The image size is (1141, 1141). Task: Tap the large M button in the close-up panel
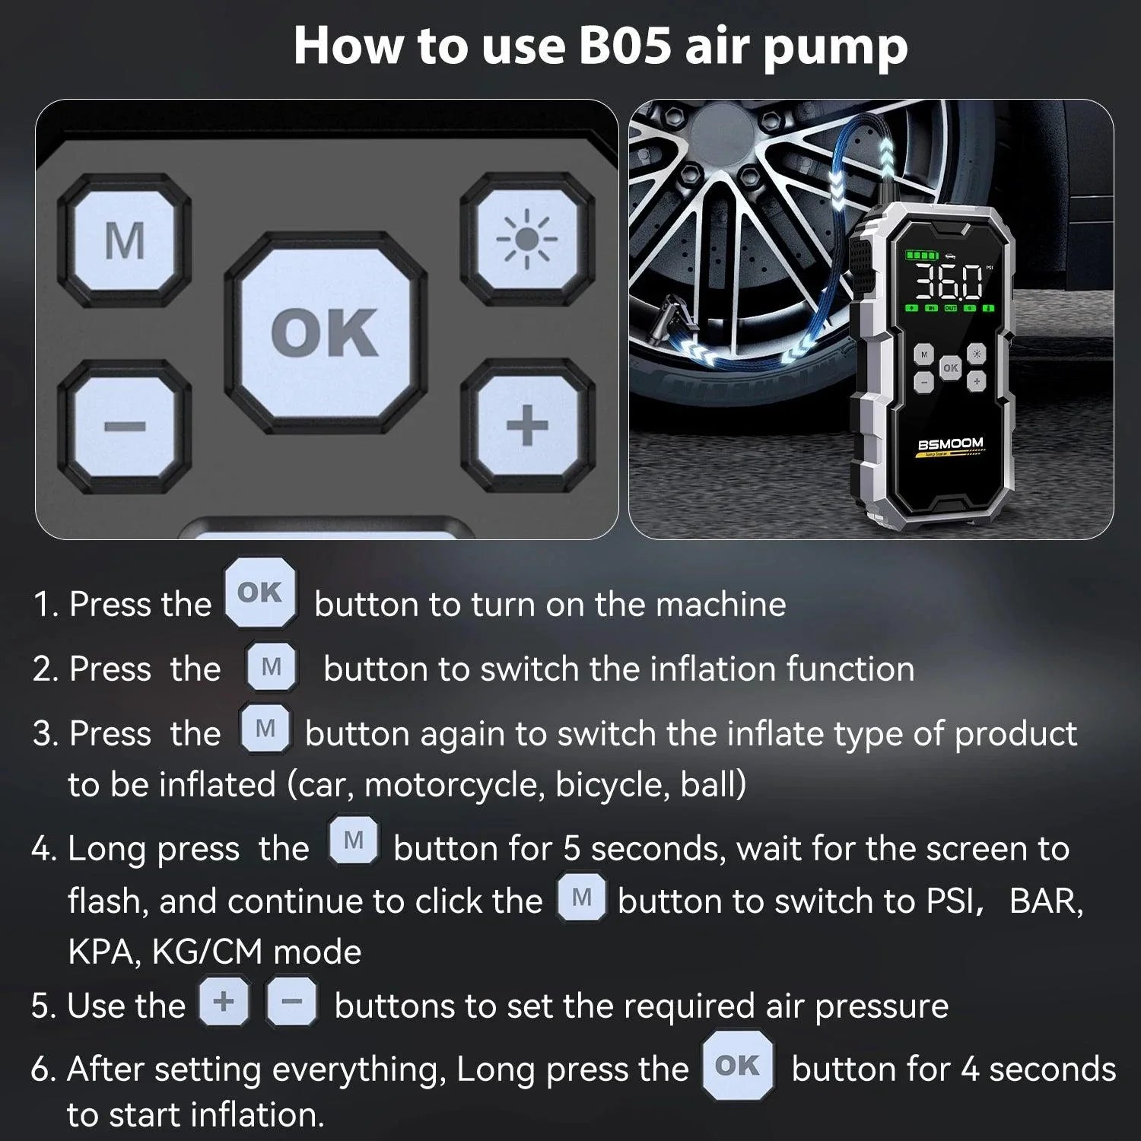point(125,240)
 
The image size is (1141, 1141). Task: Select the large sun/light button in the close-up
point(526,239)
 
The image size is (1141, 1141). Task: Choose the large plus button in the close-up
point(526,424)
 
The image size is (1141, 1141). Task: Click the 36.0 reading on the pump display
point(948,282)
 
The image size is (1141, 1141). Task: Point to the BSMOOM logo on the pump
point(950,444)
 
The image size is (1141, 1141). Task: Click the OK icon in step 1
point(260,593)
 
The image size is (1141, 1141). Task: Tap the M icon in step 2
point(272,667)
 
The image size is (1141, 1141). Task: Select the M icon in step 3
point(265,729)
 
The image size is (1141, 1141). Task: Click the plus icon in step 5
point(224,1002)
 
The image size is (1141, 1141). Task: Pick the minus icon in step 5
point(291,1002)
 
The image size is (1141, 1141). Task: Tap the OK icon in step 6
point(737,1066)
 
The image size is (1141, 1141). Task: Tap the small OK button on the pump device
point(950,368)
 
